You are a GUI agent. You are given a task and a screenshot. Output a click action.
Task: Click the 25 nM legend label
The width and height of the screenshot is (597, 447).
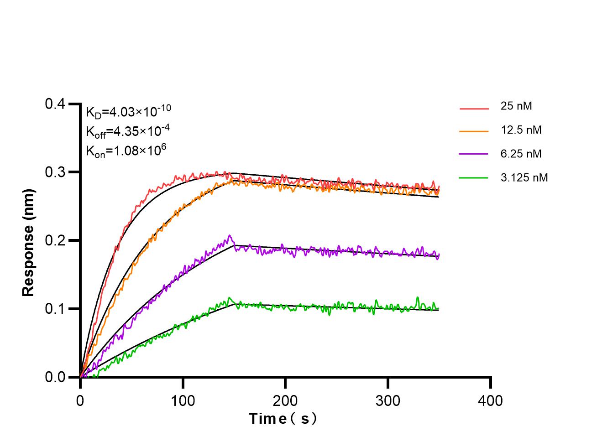(516, 106)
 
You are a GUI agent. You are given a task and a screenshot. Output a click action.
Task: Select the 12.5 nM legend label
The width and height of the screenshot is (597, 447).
(521, 130)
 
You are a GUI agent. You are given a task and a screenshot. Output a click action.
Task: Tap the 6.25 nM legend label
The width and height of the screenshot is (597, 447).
(521, 154)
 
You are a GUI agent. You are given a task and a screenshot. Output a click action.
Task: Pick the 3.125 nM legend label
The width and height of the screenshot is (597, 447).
(524, 177)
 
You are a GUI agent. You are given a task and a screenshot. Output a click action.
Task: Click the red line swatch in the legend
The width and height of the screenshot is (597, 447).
(474, 109)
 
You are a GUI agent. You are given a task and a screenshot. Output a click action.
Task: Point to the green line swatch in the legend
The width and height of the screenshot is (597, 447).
(474, 178)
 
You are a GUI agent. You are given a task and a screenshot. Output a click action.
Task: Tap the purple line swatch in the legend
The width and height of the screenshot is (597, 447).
(474, 155)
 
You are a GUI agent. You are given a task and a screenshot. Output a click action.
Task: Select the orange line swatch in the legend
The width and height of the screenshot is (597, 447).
(474, 131)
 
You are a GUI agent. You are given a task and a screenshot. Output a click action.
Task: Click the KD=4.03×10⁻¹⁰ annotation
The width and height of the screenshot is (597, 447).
(128, 112)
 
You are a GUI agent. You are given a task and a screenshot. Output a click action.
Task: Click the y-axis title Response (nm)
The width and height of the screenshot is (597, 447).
(28, 242)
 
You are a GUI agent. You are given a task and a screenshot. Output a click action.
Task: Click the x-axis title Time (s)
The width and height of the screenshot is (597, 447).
(283, 419)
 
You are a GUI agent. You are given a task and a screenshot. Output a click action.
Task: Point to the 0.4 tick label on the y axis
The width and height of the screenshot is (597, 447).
(55, 104)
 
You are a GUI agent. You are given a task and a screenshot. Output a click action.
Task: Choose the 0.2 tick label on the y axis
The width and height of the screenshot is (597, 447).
(55, 241)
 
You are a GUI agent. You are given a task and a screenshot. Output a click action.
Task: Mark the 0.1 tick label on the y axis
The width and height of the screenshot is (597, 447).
(55, 309)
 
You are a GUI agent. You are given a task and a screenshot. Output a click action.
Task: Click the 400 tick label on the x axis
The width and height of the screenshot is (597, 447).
(490, 401)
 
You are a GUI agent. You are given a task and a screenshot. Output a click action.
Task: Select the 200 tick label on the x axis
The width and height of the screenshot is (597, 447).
(285, 401)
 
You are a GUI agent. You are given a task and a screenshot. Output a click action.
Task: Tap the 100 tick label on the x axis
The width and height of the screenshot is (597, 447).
(183, 401)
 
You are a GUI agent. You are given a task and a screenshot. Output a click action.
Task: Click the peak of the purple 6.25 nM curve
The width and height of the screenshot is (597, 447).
(230, 235)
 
